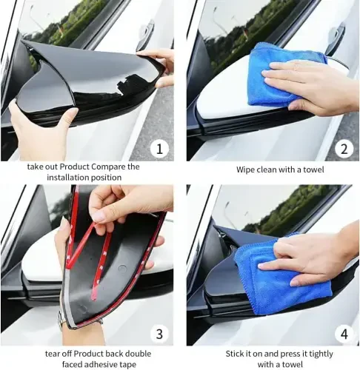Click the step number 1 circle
tap(157, 148)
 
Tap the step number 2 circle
tap(342, 148)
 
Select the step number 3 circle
tap(157, 333)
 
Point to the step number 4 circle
tap(342, 333)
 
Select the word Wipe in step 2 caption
tap(247, 169)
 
